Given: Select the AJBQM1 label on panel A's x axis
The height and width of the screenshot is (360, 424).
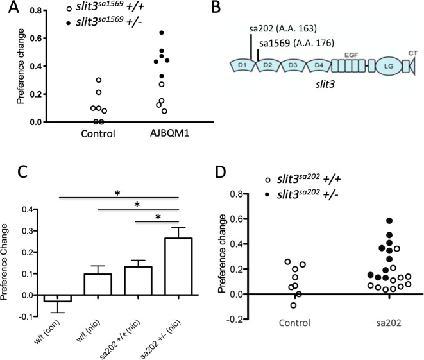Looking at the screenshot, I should tap(163, 135).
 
